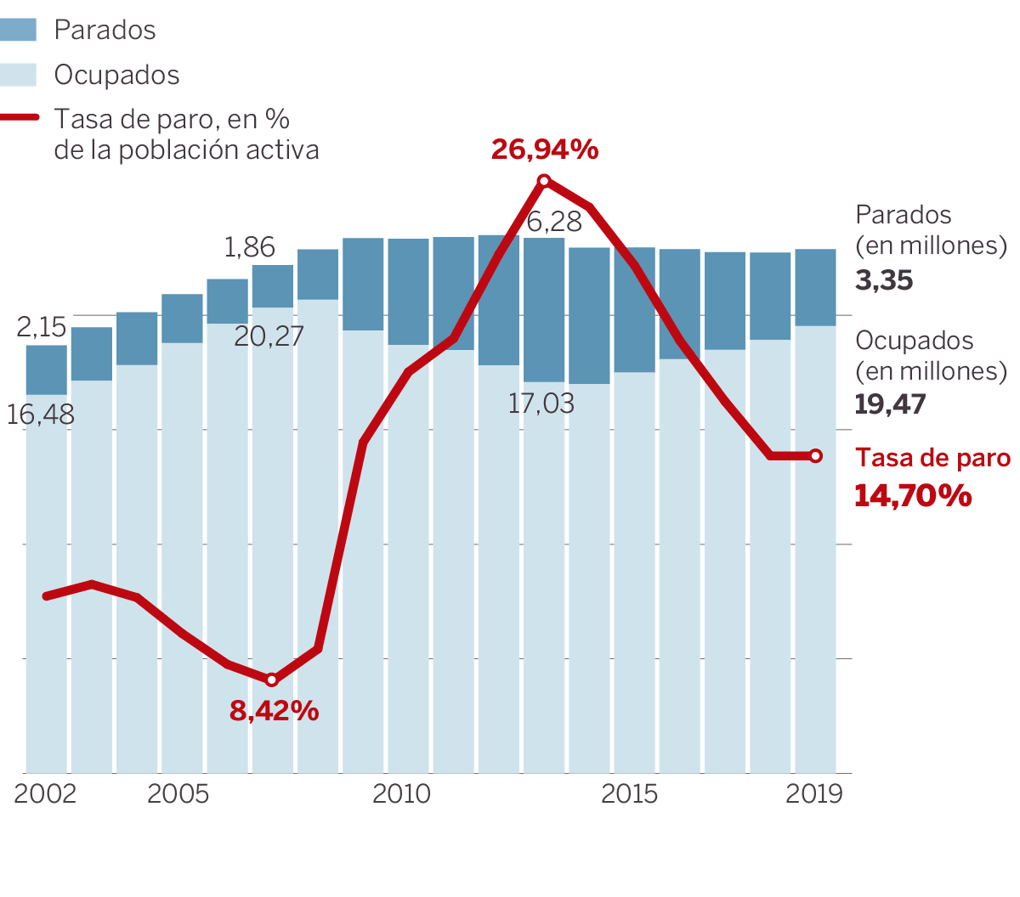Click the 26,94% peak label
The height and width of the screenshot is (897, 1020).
point(545,149)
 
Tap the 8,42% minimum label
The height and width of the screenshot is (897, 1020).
point(274,710)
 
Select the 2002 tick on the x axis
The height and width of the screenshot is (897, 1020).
point(45,793)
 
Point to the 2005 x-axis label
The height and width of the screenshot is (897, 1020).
point(178,793)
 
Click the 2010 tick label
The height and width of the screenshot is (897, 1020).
point(401,793)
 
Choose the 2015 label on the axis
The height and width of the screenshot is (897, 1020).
point(629,793)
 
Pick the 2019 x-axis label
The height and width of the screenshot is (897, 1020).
point(813,793)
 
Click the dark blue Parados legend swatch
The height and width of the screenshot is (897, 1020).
point(19,30)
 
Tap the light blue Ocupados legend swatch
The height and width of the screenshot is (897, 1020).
point(19,75)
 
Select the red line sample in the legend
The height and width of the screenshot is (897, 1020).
point(19,118)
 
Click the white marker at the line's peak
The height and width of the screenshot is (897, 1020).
point(545,180)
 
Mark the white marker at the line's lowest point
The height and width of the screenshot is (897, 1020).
point(272,680)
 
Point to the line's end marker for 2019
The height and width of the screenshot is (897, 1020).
point(816,456)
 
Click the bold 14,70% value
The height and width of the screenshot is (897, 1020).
point(913,495)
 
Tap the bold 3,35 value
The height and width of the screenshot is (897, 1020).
point(884,280)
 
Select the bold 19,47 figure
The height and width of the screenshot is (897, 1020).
point(890,404)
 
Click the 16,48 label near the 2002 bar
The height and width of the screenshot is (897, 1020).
point(40,415)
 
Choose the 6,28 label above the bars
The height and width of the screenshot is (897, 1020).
point(554,222)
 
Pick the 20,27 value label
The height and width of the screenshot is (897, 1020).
point(269,336)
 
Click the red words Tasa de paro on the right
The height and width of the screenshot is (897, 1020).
point(932,458)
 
